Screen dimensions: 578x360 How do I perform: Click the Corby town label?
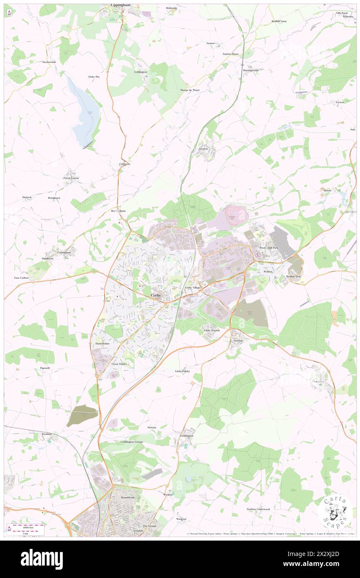[x=155, y=295]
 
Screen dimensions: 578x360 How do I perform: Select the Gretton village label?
[x=203, y=148]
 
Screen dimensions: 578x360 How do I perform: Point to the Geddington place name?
[x=186, y=435]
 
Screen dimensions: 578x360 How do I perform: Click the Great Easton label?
[x=71, y=178]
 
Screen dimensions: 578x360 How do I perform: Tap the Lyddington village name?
[x=141, y=72]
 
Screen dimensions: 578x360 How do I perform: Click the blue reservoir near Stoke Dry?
[x=85, y=110]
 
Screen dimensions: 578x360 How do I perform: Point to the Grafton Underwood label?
[x=258, y=509]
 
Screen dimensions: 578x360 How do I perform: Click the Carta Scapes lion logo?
[x=335, y=511]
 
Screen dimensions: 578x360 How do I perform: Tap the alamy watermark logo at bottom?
[x=42, y=559]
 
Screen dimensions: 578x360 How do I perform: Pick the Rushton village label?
[x=47, y=434]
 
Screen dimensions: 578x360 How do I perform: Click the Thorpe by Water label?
[x=190, y=90]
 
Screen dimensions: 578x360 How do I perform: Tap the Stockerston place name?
[x=49, y=62]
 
